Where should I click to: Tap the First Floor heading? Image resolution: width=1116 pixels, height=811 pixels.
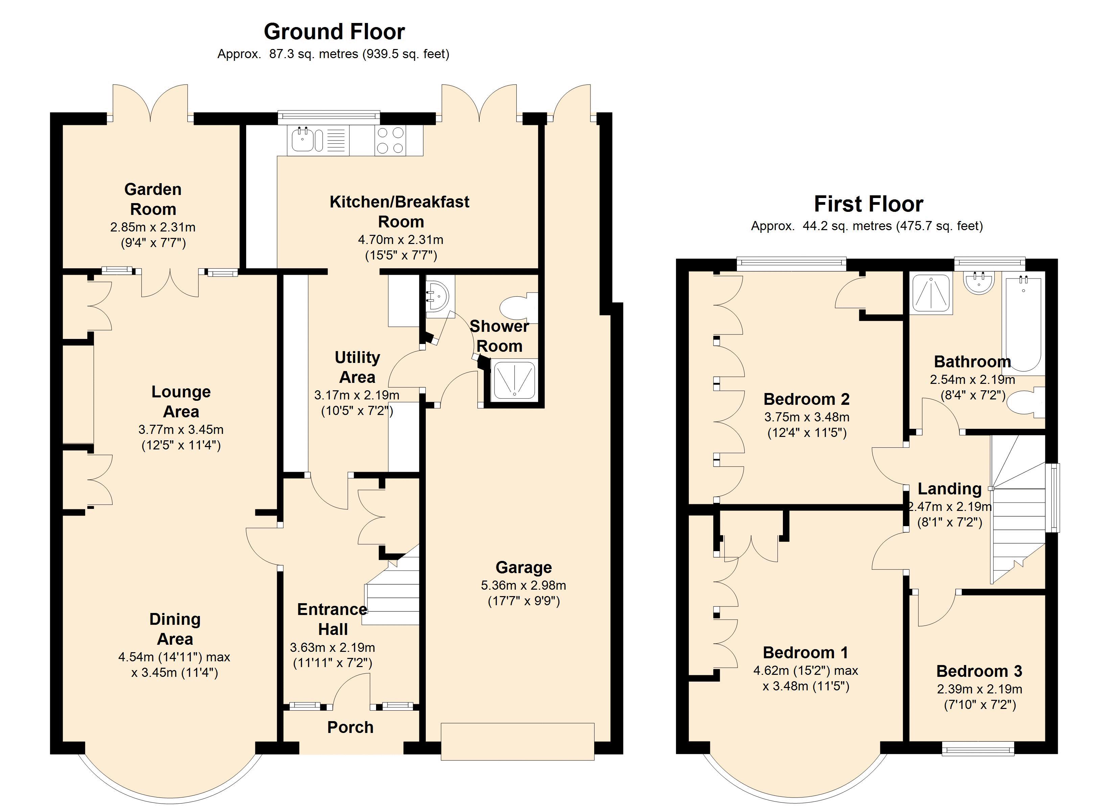868,204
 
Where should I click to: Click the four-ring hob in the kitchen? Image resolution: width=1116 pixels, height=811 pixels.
390,140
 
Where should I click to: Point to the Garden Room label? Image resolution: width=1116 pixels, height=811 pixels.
153,199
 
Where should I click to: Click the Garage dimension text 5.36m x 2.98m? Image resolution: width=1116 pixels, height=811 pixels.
524,585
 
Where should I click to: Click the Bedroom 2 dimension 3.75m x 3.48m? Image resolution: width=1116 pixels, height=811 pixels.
807,417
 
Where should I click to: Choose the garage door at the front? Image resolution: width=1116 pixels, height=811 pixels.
518,742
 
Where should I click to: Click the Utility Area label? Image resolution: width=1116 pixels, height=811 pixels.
357,367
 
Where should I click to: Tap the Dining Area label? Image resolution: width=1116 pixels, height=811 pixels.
175,629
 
